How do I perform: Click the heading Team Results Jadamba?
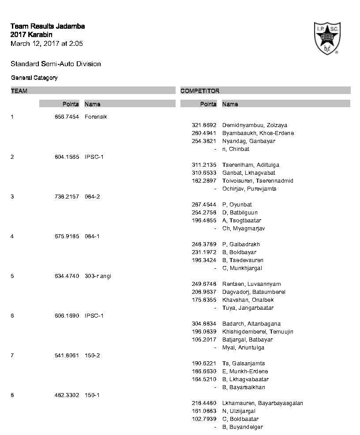point(48,26)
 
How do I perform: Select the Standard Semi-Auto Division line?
point(56,64)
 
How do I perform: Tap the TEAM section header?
point(19,91)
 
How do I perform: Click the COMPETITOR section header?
point(200,91)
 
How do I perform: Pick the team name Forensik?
point(96,117)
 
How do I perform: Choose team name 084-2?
point(92,196)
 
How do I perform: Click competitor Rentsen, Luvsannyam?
point(251,284)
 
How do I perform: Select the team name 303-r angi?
point(98,276)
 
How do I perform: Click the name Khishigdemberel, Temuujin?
point(258,331)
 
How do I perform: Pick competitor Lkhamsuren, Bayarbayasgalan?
point(262,403)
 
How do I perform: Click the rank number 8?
point(12,395)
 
